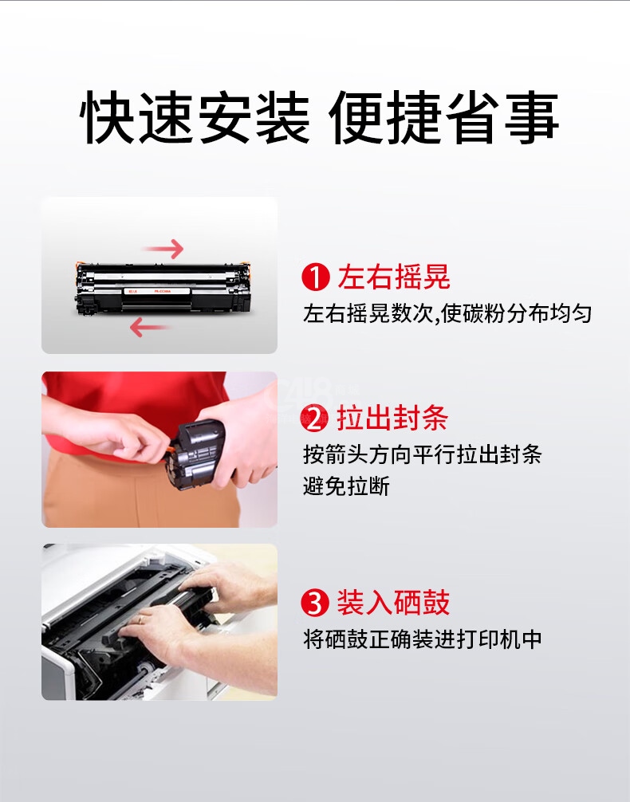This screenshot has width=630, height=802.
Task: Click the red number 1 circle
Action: coord(315,277)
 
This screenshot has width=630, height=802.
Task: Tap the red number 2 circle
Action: coord(315,418)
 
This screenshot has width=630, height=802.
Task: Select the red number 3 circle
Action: coord(315,602)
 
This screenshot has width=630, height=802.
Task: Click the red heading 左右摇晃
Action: coord(394,277)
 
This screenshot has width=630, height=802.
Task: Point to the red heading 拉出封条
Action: coord(392,418)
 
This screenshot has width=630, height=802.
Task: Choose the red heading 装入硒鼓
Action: coord(393,602)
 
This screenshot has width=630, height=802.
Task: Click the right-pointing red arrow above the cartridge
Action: coord(163,249)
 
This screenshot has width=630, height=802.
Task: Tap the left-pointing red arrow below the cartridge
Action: coord(149,327)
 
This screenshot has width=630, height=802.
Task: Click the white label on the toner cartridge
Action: coord(156,291)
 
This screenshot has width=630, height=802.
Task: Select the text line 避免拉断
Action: coord(346,486)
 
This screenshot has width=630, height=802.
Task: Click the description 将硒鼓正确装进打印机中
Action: coord(422,639)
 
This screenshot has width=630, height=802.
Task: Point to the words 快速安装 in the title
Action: coord(195,117)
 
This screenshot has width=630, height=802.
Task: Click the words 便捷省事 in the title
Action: coord(443,117)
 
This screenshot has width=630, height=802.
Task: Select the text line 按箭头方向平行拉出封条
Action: coord(422,454)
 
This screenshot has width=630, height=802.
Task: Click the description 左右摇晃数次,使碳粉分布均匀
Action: coord(447,313)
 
